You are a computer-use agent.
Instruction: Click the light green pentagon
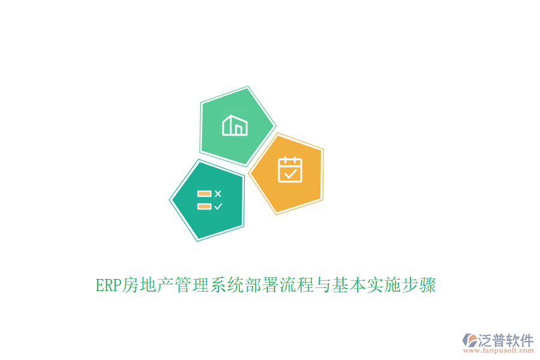pos(236,127)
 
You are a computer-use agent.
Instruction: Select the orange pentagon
pos(287,173)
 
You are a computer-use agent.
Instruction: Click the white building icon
pos(235,125)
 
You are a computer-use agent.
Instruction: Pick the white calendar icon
pos(290,169)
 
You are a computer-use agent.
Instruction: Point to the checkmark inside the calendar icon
pos(290,174)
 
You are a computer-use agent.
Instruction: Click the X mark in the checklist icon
pos(218,193)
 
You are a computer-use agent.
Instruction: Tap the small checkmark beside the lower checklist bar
pos(218,206)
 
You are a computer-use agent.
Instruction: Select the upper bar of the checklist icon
pos(204,193)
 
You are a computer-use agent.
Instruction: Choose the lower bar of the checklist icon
pos(204,206)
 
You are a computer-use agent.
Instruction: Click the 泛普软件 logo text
pos(505,340)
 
